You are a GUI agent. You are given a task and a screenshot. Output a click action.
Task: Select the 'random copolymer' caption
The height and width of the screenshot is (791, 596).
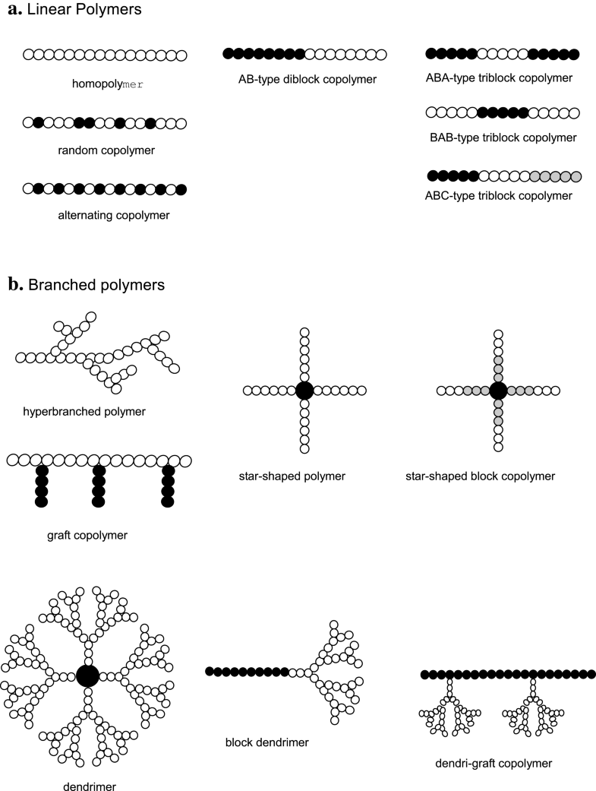click(106, 150)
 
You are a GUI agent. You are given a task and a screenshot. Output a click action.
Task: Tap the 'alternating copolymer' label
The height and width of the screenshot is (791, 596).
click(113, 215)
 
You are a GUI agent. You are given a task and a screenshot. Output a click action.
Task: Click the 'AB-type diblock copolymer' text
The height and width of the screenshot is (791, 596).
click(306, 79)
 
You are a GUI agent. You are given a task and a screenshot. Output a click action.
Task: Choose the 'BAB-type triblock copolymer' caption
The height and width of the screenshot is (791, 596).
click(503, 138)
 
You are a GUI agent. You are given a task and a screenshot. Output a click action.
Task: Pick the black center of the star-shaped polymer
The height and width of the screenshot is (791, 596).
click(304, 391)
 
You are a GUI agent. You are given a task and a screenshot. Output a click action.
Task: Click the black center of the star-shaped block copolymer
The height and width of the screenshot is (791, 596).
click(498, 391)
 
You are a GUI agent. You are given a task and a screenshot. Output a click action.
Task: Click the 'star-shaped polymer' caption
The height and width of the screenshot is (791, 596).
click(292, 476)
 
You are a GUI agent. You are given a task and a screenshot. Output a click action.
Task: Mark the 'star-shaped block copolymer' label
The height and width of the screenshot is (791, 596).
click(481, 476)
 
